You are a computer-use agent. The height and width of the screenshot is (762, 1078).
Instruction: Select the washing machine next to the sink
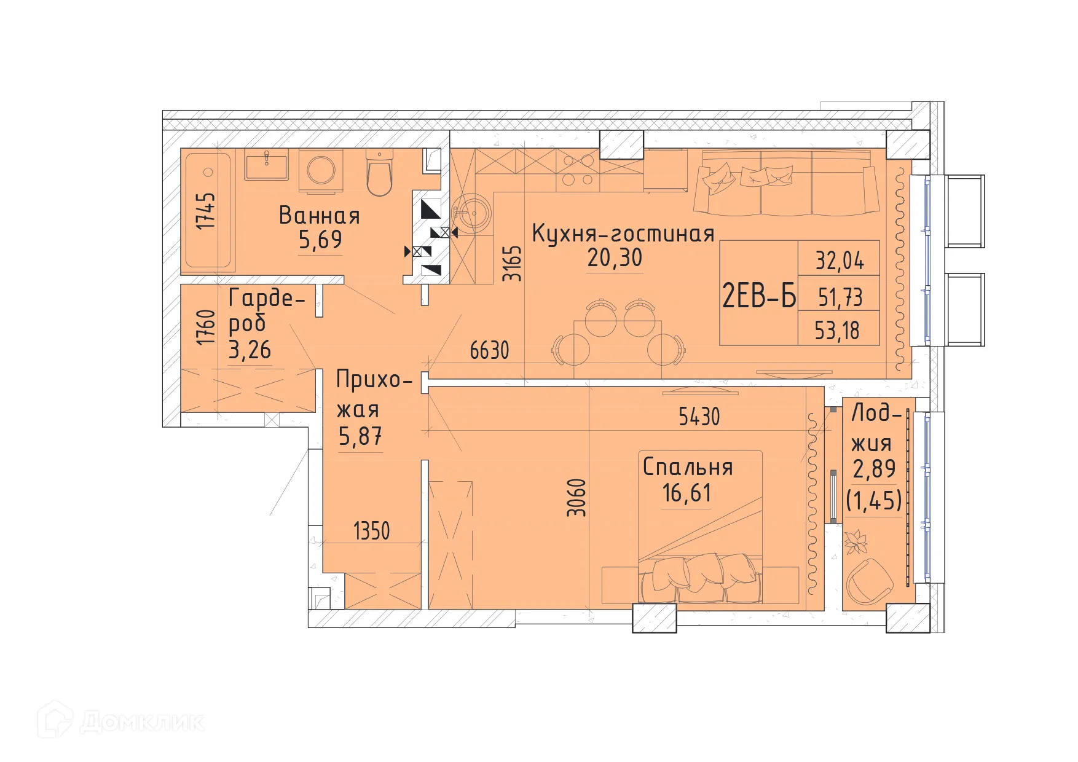tap(321, 168)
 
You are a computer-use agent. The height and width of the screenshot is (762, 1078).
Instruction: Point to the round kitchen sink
tap(472, 213)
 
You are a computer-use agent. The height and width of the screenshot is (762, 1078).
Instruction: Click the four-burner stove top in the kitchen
tap(578, 170)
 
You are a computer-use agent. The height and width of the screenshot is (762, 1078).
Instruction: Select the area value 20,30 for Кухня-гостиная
tap(615, 258)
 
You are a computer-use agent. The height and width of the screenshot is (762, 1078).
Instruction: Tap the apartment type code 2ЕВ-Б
tap(758, 297)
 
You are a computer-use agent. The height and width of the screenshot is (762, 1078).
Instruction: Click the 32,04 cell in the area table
tap(840, 261)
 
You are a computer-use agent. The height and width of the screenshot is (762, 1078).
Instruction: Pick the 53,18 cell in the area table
tap(837, 331)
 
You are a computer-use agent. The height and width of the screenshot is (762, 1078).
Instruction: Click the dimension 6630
tap(489, 350)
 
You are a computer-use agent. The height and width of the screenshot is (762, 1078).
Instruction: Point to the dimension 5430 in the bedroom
tap(699, 417)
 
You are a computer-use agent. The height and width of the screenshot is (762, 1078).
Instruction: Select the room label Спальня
tap(688, 468)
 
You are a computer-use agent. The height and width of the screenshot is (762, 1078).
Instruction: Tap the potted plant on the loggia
tap(856, 543)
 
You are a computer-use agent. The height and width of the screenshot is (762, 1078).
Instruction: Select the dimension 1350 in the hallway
tap(372, 531)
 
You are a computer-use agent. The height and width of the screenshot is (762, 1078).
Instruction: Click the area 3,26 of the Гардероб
tap(250, 350)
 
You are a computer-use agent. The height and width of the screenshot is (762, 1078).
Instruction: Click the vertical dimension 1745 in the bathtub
tap(208, 211)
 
